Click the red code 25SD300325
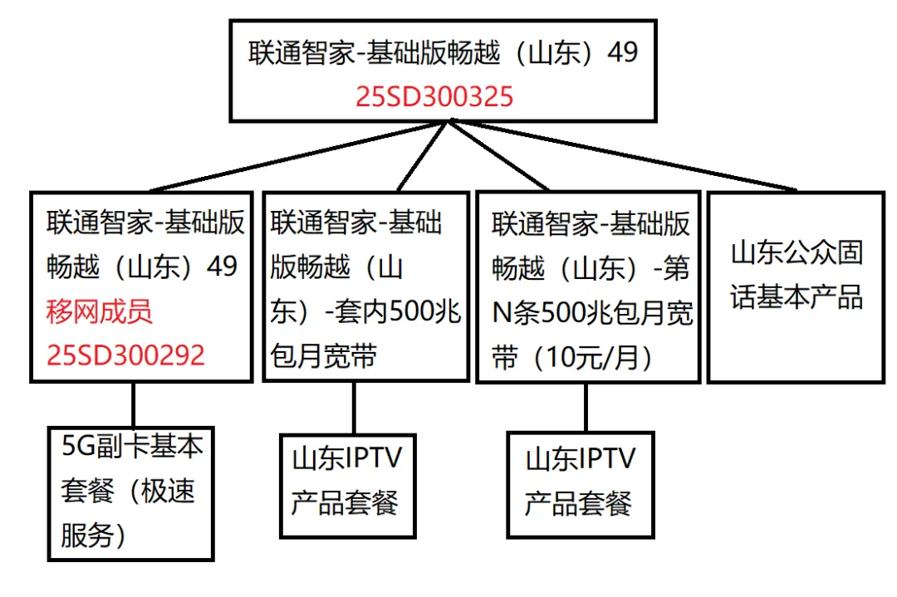[x=434, y=97]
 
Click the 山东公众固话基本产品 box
[x=796, y=286]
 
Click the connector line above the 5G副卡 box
[x=133, y=404]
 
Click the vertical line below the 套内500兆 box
[x=355, y=408]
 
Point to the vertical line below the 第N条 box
[x=586, y=407]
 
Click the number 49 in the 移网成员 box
[x=222, y=267]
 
